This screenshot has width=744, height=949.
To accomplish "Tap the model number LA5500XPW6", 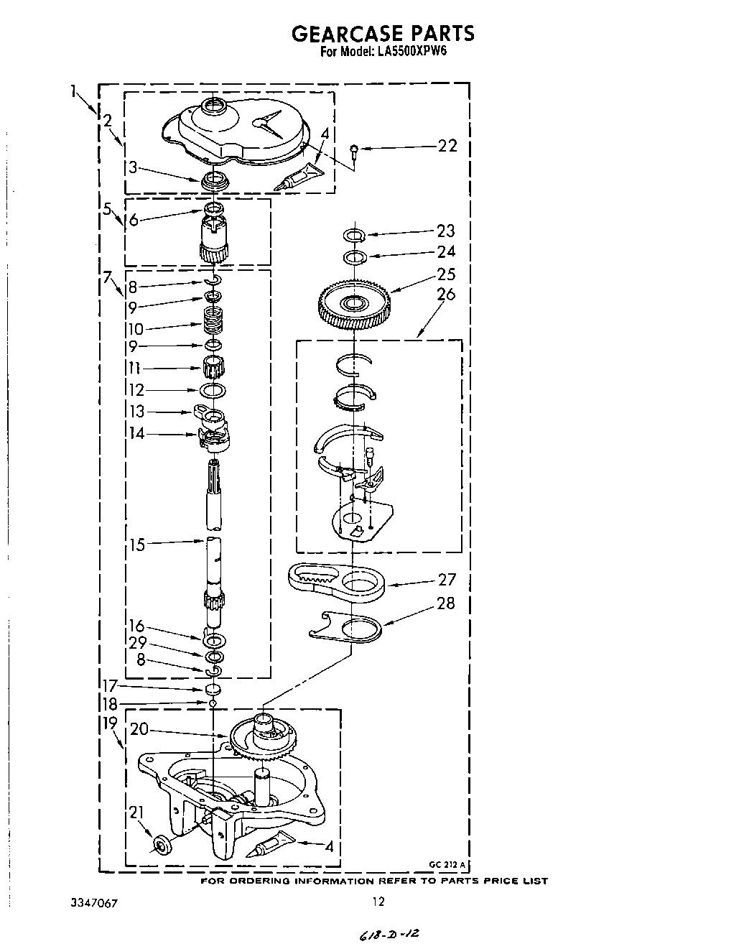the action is point(410,52).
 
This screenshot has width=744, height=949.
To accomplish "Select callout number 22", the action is point(447,145).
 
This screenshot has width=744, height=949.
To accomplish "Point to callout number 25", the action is point(446,274).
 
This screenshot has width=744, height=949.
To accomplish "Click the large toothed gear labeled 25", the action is point(354,304).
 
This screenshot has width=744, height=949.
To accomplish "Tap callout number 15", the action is point(137,545).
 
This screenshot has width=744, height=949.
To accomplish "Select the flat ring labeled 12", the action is point(213,390).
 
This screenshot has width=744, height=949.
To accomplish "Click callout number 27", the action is point(447,580).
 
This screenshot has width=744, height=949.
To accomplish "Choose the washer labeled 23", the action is point(354,235).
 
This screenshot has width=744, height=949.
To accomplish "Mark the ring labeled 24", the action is point(354,258).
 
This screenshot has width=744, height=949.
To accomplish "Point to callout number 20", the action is point(139,729).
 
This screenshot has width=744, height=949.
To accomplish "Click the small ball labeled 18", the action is point(213,703).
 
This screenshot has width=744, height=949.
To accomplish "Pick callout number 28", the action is point(445,603).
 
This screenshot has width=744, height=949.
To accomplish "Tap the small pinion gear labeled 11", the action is point(213,367).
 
